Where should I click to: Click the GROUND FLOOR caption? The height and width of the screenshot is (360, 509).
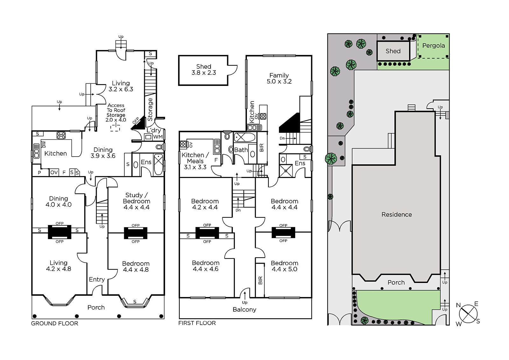(x=54, y=323)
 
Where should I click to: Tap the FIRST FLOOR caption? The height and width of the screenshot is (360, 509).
(x=197, y=323)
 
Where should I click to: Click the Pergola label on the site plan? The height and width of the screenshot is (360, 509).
(x=434, y=46)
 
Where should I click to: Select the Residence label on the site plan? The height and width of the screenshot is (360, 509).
(x=396, y=215)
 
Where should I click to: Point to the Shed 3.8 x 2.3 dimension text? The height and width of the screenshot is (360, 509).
(x=204, y=70)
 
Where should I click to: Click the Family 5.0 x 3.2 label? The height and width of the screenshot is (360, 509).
(x=279, y=78)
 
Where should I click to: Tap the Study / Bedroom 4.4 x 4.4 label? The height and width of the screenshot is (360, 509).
(x=136, y=201)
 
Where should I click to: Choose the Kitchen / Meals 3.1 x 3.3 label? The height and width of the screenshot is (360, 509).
(x=195, y=161)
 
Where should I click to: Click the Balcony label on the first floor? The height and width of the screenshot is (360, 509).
(x=245, y=309)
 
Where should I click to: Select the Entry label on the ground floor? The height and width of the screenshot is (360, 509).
(x=97, y=279)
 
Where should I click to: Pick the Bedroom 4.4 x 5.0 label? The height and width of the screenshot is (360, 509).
(x=284, y=266)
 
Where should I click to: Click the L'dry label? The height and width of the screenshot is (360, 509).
(x=154, y=130)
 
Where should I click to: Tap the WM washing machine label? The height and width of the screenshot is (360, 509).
(x=158, y=137)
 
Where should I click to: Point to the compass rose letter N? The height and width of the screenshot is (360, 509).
(x=458, y=305)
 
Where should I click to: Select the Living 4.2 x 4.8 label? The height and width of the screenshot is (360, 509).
(x=59, y=266)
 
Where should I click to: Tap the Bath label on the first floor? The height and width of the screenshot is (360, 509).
(x=241, y=150)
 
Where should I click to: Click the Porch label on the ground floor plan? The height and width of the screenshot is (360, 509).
(x=96, y=307)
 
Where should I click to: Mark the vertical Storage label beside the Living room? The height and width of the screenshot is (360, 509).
(x=150, y=109)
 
